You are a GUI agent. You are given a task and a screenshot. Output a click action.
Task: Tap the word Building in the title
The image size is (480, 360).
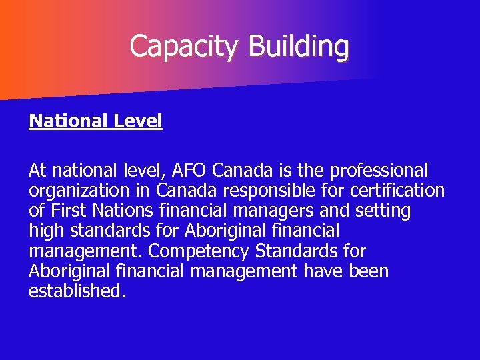click(x=298, y=47)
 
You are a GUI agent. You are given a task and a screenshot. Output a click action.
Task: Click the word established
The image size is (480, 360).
click(x=77, y=292)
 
